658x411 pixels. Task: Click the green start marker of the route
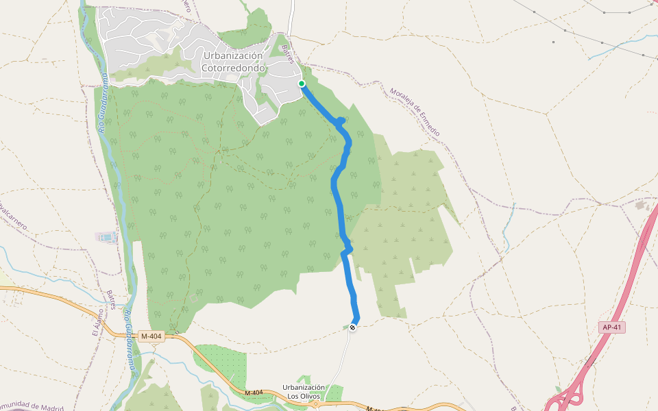tap(302, 84)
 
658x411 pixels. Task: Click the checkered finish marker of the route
tap(352, 327)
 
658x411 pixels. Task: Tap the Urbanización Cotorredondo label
tap(233, 62)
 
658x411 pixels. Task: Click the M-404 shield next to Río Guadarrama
tap(151, 336)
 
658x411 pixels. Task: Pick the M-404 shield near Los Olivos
tap(254, 393)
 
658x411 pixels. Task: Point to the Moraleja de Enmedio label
tap(415, 112)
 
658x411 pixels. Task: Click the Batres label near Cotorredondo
tap(289, 55)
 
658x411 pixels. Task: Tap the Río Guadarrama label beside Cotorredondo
tap(102, 103)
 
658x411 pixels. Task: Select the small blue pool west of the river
tap(106, 238)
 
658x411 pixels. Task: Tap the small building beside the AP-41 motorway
tap(642, 205)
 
